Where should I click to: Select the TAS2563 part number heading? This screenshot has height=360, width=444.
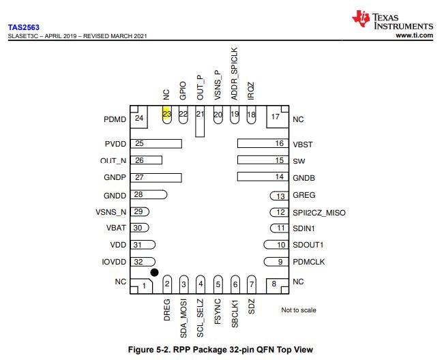coord(24,27)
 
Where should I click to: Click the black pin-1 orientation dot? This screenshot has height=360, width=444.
coord(154,273)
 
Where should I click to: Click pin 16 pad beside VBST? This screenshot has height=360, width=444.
coord(261,144)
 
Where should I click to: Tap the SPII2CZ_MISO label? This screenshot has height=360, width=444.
coord(319,212)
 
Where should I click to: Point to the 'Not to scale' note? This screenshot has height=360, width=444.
coord(299,310)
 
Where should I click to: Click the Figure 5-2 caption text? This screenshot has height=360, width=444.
coord(222,350)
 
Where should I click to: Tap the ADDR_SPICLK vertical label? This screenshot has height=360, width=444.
coord(234,79)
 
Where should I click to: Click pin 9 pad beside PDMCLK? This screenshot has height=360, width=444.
coord(274,262)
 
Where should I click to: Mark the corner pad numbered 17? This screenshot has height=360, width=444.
coord(276,117)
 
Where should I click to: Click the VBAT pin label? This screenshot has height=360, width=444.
coord(117,228)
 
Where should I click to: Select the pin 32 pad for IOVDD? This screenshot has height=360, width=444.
coord(144,262)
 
